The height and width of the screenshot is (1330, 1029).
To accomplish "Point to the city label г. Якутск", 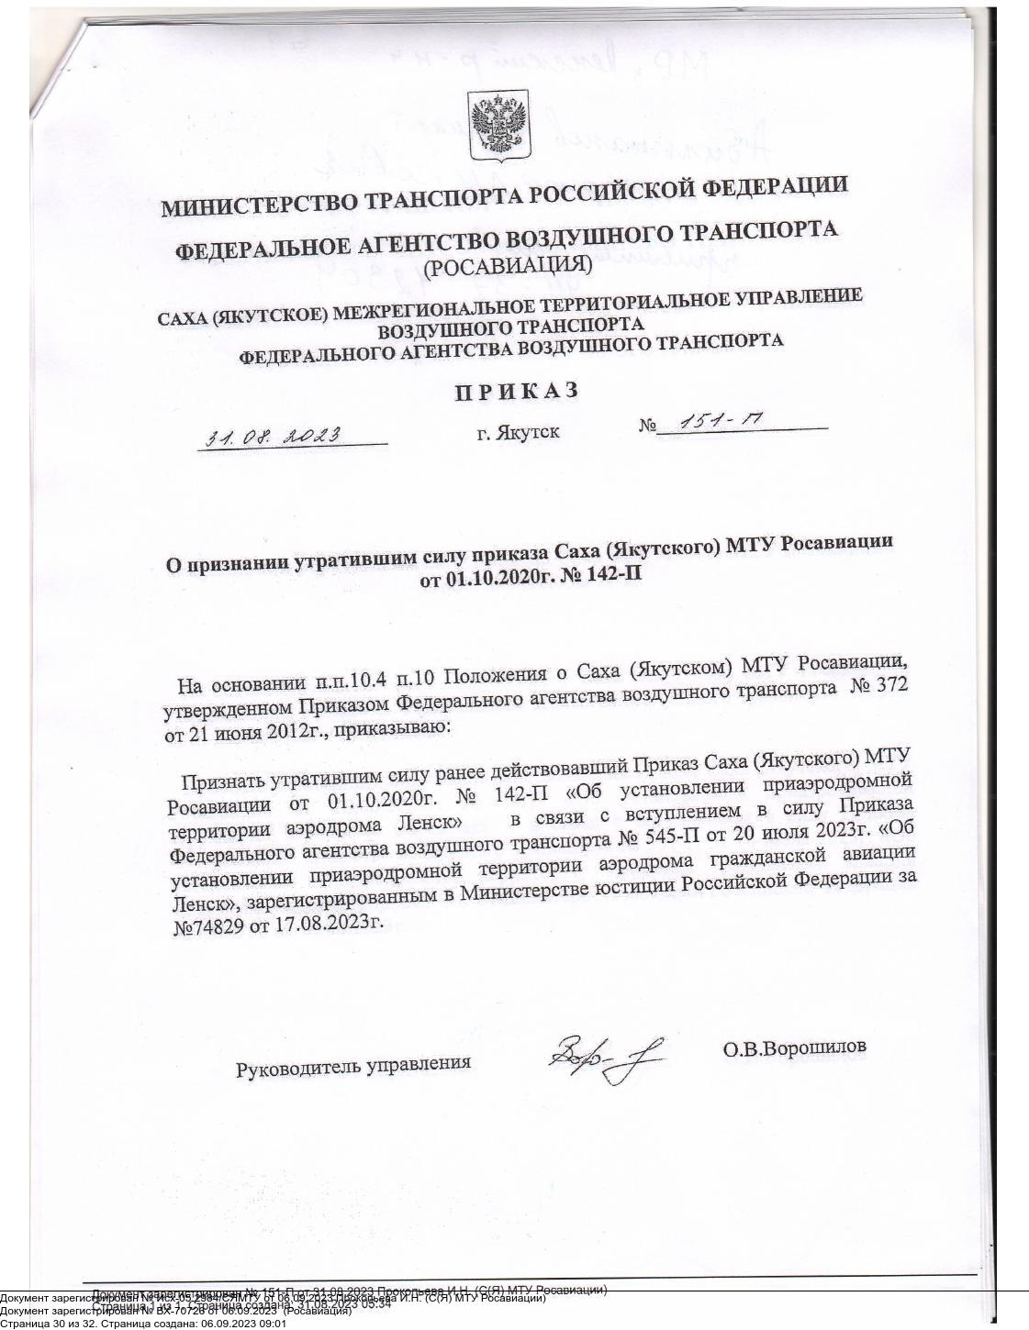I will pos(518,431).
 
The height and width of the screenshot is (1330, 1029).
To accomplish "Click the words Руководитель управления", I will pos(353,1066).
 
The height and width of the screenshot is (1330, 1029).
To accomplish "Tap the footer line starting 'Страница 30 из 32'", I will pos(143,1324).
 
